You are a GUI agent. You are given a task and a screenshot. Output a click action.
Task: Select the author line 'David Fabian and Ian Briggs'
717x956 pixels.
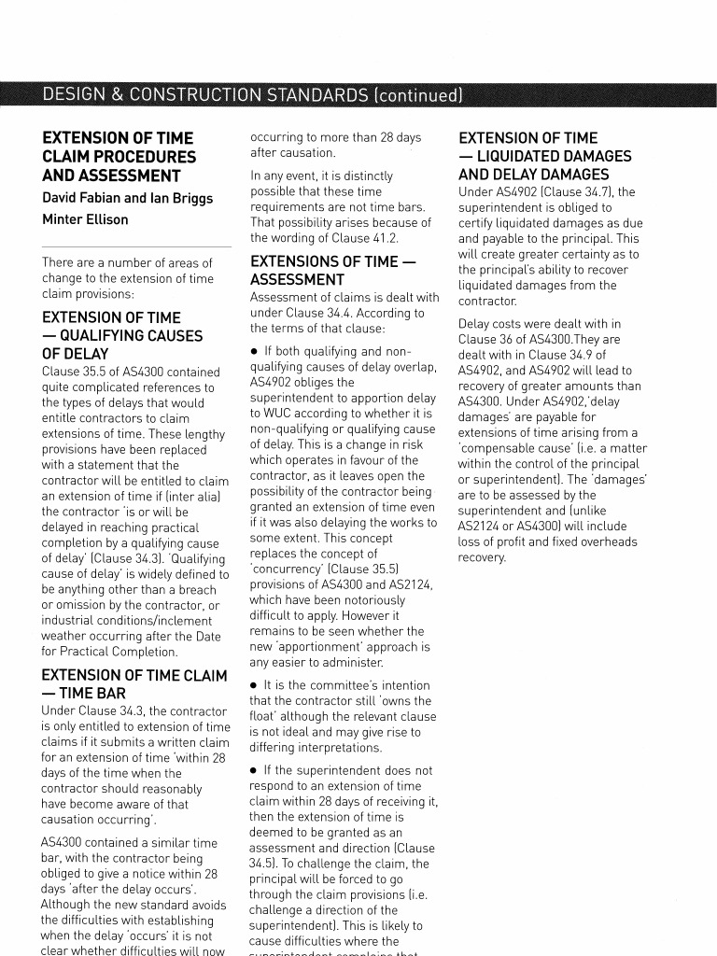[127, 198]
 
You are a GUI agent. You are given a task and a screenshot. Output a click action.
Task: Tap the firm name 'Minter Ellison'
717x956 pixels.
[85, 219]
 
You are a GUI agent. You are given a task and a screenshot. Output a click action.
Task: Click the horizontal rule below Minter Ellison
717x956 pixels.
[135, 247]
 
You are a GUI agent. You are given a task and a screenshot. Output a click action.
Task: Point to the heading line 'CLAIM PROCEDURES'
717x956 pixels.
[119, 157]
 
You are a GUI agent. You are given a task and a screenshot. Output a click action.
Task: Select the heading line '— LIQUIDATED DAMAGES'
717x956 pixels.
[545, 156]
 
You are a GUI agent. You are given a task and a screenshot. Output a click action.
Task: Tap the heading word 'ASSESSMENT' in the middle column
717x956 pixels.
[297, 280]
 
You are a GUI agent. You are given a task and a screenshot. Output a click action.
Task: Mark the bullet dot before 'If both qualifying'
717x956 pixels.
[255, 352]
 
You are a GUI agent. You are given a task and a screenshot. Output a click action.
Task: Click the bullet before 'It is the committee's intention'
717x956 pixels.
[255, 686]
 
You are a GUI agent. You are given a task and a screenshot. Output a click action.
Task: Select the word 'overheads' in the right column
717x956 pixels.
[609, 541]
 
